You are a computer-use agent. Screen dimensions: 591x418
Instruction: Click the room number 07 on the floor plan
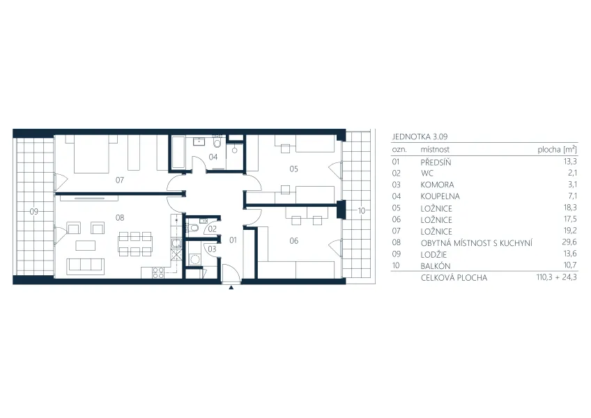[x=119, y=180]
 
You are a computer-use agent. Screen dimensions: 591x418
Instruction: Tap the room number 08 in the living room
[x=120, y=217]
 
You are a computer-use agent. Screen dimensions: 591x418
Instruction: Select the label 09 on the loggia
[x=34, y=212]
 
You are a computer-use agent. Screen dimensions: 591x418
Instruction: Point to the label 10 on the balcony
[x=362, y=211]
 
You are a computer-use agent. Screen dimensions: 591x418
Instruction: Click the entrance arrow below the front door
[x=231, y=288]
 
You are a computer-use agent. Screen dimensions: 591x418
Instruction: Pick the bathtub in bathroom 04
[x=178, y=152]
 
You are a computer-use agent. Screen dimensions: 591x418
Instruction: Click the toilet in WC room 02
[x=194, y=228]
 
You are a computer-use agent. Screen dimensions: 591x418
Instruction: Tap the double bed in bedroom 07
[x=91, y=154]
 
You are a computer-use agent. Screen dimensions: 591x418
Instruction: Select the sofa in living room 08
[x=86, y=265]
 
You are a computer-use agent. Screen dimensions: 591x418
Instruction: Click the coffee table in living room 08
[x=86, y=246]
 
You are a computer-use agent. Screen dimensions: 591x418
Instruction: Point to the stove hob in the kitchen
[x=158, y=272]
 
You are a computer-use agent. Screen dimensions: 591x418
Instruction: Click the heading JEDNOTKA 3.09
[x=420, y=137]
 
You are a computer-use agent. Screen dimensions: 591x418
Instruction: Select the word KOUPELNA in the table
[x=440, y=196]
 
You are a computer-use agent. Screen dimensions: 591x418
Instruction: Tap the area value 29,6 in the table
[x=569, y=242]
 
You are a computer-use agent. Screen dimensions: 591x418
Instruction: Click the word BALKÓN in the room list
[x=436, y=265]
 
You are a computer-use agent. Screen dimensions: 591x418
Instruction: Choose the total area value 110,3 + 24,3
[x=556, y=277]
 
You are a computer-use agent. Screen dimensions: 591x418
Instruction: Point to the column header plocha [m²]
[x=557, y=149]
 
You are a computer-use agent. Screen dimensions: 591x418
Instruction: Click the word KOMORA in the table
[x=437, y=185]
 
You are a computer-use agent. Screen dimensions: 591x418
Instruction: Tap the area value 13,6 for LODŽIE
[x=569, y=254]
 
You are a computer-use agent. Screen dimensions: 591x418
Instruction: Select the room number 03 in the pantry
[x=212, y=249]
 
